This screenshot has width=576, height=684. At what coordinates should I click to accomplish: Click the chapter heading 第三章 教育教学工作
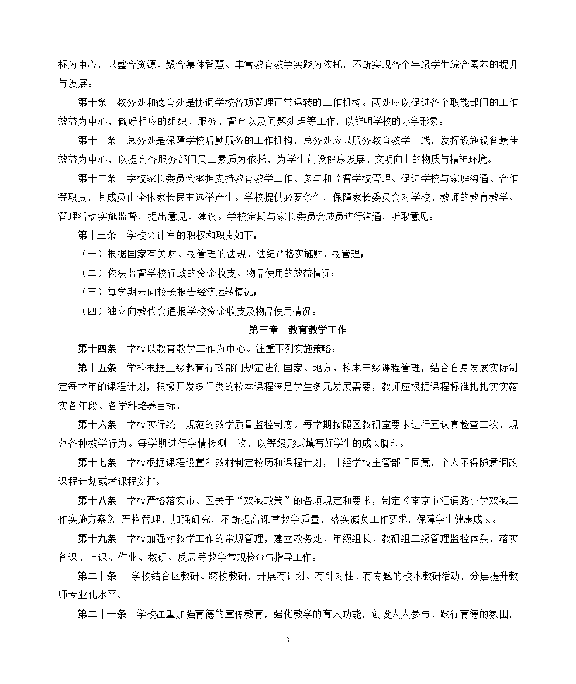298,330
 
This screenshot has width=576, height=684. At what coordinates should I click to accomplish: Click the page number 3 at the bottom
287,640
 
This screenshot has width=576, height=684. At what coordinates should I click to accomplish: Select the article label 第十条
92,102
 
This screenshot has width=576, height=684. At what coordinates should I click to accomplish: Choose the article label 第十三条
97,235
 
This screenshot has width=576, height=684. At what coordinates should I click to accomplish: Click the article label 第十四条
97,349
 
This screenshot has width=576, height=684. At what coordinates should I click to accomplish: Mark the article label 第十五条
97,368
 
